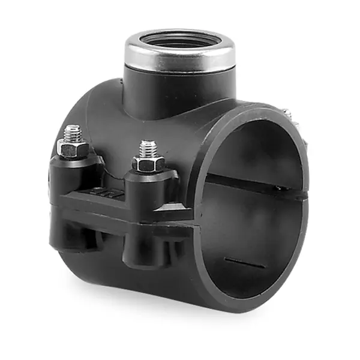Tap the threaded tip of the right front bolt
click(148, 148)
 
